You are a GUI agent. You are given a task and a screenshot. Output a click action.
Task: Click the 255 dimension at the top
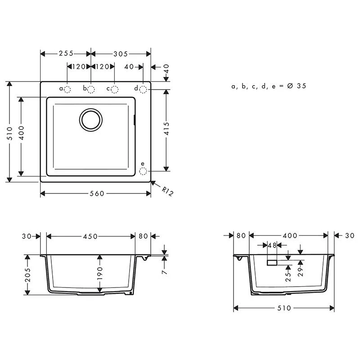(66, 54)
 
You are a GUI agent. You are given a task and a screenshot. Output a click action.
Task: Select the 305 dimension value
(121, 54)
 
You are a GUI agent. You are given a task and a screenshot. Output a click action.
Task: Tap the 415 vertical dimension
(166, 130)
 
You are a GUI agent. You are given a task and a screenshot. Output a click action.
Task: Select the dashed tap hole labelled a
(67, 89)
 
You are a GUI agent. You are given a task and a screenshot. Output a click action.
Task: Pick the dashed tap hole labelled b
(91, 89)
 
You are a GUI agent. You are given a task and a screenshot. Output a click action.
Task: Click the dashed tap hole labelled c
(115, 89)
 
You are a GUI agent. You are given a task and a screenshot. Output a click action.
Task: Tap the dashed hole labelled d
(143, 89)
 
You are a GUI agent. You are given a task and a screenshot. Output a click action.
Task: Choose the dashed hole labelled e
(143, 171)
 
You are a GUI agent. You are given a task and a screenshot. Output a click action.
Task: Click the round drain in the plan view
(92, 120)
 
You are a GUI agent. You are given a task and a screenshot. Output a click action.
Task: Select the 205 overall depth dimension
(28, 275)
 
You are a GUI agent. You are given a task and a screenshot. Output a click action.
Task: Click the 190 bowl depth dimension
(100, 275)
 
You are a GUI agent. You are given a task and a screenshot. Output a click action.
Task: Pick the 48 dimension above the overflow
(272, 246)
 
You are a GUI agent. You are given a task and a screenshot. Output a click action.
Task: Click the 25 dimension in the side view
(288, 275)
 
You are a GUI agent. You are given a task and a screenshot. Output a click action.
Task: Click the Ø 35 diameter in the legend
(296, 86)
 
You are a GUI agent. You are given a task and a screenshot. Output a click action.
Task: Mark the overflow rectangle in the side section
(272, 262)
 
